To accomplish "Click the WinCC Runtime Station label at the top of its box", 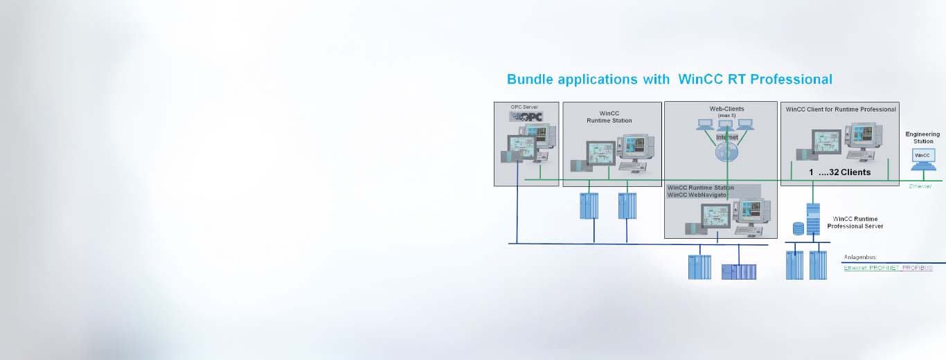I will click(x=609, y=116).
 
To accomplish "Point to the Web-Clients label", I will click(x=726, y=109).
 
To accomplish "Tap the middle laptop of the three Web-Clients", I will click(x=725, y=125).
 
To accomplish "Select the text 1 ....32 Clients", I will click(x=839, y=172).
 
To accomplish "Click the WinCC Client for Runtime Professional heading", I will click(x=841, y=109).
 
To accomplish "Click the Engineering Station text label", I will click(x=922, y=138).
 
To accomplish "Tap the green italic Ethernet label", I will click(x=920, y=186).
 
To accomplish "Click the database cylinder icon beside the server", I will click(x=798, y=228).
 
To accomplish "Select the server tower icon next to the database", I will click(x=813, y=217).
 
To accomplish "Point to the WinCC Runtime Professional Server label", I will click(x=855, y=222).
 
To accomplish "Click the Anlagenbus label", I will click(x=860, y=258).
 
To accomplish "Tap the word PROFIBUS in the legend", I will click(x=917, y=268).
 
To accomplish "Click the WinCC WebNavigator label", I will click(x=697, y=195).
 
